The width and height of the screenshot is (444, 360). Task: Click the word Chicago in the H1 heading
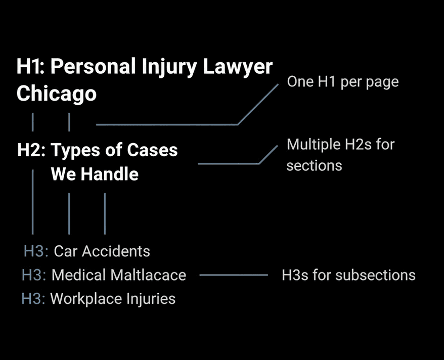tap(56, 94)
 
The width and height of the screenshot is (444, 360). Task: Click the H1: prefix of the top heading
tap(31, 67)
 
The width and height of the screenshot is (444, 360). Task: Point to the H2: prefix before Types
tap(31, 150)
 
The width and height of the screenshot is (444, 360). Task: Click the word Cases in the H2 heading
tap(151, 150)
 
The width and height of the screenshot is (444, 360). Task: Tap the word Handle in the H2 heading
tap(109, 174)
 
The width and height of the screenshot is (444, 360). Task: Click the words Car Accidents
tap(102, 251)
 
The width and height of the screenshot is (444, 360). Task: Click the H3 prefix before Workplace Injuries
tap(33, 299)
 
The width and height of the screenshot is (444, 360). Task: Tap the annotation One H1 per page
tap(342, 81)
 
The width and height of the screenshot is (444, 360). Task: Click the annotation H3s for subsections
tap(348, 275)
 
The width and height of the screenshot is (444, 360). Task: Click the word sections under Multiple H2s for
tap(314, 166)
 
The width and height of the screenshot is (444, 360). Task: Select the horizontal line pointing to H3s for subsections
tap(234, 276)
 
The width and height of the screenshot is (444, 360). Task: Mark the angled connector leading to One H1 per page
tap(167, 124)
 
